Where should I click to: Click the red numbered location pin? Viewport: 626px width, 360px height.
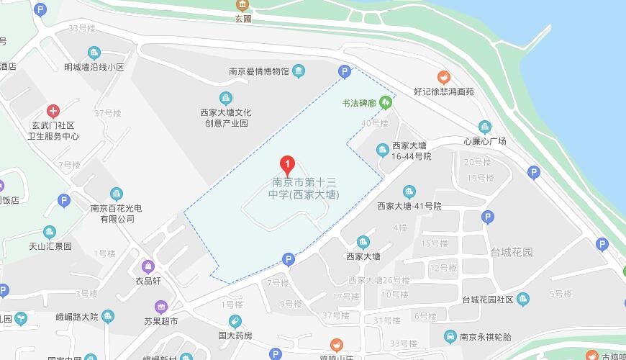(287, 165)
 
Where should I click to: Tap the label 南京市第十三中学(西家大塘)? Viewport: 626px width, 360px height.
(303, 189)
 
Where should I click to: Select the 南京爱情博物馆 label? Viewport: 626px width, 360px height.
(259, 71)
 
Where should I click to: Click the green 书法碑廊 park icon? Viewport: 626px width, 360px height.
(386, 103)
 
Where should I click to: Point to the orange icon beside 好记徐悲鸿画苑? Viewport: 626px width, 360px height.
(444, 77)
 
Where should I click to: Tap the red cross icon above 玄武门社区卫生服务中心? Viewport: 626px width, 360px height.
(53, 111)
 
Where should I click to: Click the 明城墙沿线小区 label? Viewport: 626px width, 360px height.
(94, 68)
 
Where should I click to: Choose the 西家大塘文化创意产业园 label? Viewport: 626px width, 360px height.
(225, 117)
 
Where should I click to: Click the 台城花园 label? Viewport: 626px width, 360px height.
(512, 252)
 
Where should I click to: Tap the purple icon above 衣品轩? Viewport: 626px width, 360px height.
(148, 266)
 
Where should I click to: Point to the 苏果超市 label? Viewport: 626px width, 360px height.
(160, 320)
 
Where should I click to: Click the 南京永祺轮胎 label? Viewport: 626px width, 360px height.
(485, 337)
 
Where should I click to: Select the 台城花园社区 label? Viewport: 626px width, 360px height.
(487, 300)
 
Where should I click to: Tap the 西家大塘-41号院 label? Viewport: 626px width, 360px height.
(409, 206)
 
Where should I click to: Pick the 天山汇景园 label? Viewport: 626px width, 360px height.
(50, 246)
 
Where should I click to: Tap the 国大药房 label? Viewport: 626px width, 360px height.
(235, 336)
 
